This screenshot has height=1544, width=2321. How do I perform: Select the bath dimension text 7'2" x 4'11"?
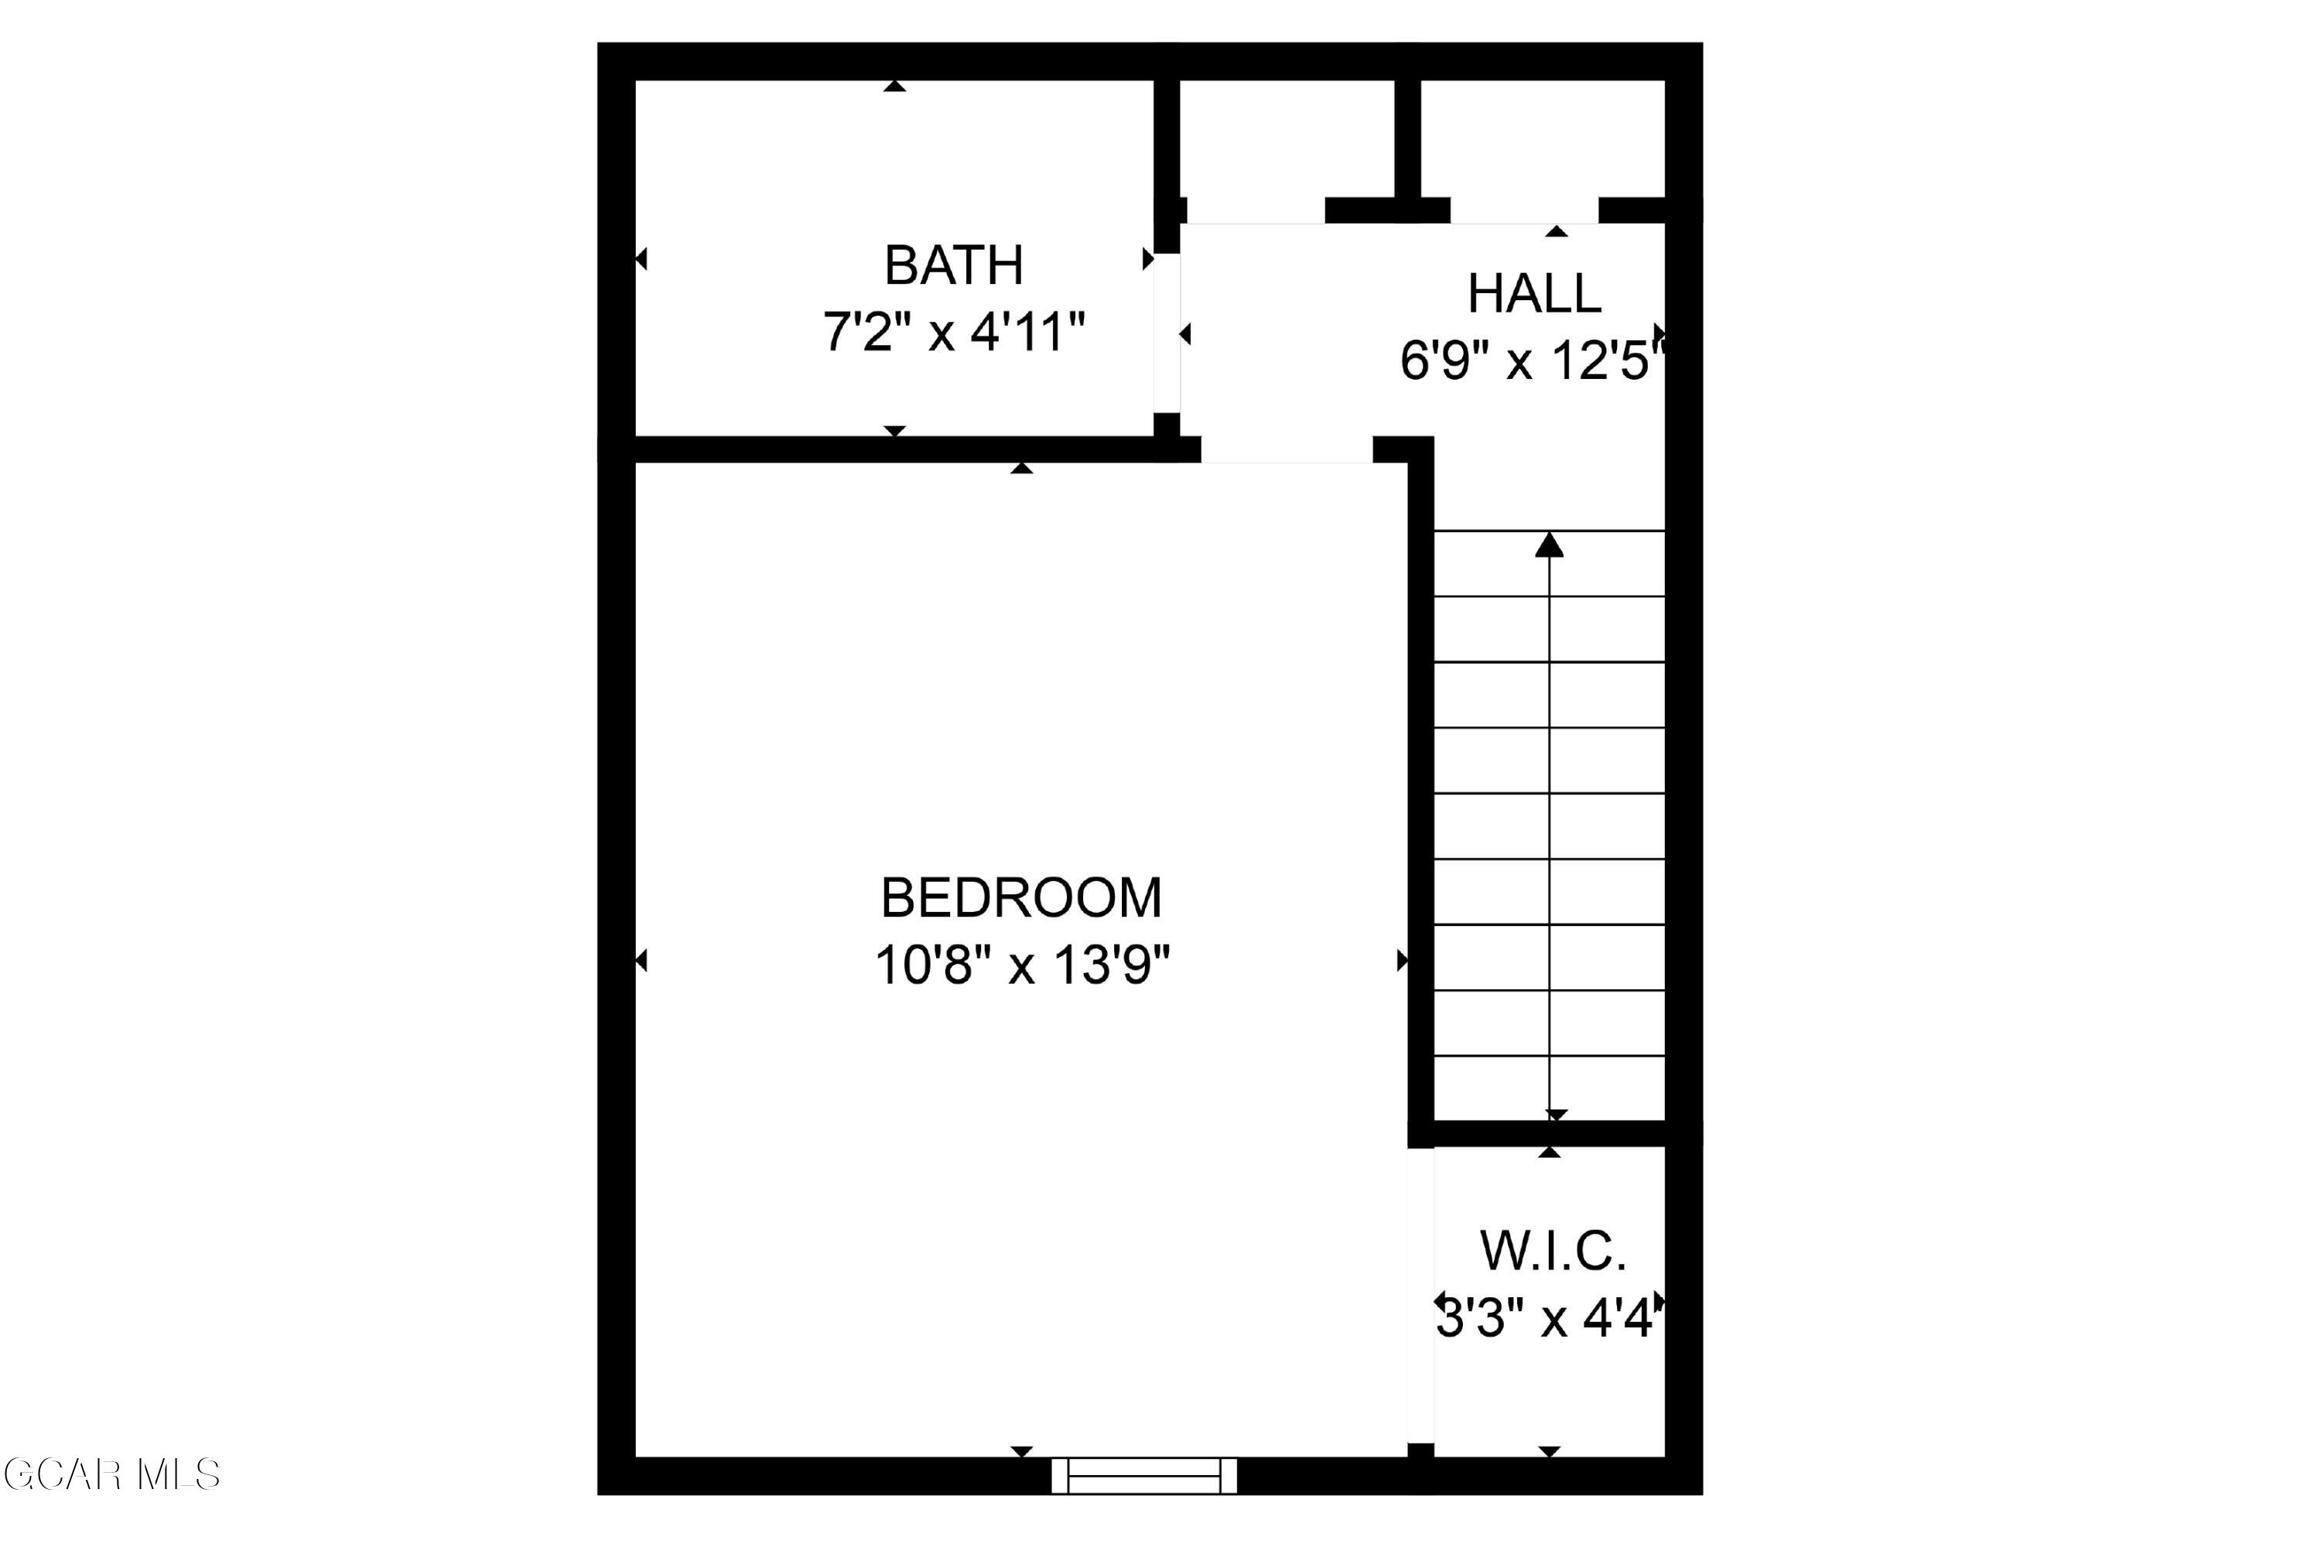tap(953, 332)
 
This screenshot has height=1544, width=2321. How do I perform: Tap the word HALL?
tap(1533, 293)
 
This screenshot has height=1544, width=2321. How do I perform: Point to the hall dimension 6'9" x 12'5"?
tap(1531, 360)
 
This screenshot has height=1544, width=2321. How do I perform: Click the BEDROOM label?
tap(1021, 897)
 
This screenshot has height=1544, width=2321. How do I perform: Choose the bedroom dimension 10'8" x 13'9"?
tap(1021, 965)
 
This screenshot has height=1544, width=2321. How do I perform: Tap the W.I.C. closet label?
tap(1552, 1251)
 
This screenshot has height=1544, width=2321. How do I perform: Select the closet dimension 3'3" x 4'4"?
tap(1549, 1317)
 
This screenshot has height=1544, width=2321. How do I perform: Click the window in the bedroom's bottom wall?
tap(1143, 1476)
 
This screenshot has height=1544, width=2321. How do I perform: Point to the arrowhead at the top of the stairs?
tap(1549, 545)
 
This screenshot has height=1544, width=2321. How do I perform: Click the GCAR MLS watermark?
tap(111, 1475)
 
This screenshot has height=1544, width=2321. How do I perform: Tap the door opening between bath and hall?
tap(1166, 333)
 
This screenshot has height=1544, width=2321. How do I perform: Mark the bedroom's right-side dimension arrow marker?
tap(1402, 960)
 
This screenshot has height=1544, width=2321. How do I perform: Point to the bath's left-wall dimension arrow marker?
tap(641, 259)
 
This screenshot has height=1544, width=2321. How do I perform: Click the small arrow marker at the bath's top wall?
tap(894, 87)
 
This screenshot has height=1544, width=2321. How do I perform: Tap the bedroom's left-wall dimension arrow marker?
tap(641, 960)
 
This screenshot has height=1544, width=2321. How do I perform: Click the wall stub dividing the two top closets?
tap(1407, 138)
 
